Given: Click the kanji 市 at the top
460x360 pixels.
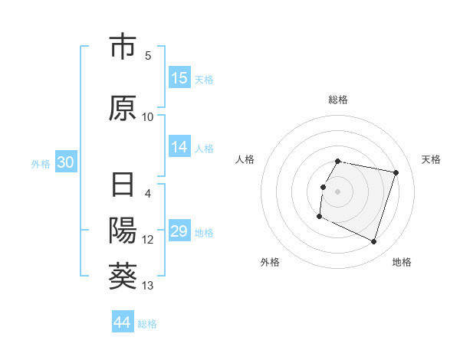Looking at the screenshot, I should [x=123, y=47].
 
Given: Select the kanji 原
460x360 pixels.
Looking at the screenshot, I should [x=123, y=109].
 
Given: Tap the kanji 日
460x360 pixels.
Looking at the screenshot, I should [x=123, y=187].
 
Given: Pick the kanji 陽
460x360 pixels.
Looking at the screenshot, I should [x=123, y=231].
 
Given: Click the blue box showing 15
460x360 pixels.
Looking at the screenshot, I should [x=179, y=78].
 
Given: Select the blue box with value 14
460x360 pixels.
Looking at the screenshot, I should [x=179, y=148].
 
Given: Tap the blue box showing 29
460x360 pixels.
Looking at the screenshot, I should [x=179, y=231].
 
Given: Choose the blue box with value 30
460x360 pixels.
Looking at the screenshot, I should [x=65, y=163].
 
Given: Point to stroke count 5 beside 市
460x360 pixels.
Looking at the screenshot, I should [x=148, y=55].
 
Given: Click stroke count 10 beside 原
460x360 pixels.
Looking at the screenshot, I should [x=148, y=116].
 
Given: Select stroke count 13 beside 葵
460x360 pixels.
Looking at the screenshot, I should [x=148, y=286].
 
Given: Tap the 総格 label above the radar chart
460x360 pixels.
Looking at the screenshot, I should [x=338, y=100].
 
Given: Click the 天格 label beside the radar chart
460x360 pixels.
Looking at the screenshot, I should [x=431, y=159].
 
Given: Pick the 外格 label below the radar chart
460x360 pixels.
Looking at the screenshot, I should [x=270, y=262].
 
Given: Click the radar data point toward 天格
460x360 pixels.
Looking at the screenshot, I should [x=396, y=173].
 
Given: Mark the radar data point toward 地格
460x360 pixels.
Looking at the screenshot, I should [x=374, y=242].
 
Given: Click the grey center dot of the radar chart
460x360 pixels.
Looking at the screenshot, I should [x=338, y=191].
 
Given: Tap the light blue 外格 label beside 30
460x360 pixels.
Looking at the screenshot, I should [x=40, y=164].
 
